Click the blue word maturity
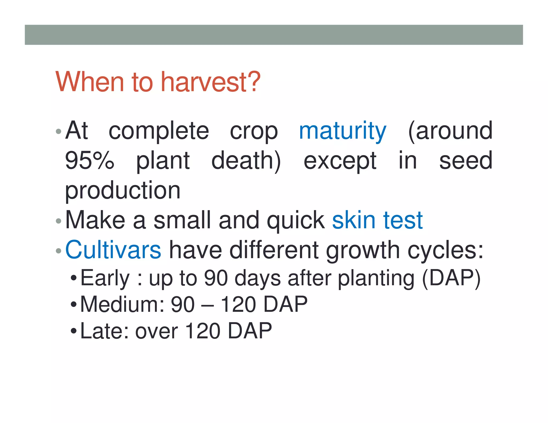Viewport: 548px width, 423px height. [342, 131]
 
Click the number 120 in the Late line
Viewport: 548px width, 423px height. [203, 331]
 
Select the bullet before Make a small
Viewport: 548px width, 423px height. [59, 221]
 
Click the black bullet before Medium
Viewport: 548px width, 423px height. [74, 305]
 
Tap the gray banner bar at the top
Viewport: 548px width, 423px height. [274, 35]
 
